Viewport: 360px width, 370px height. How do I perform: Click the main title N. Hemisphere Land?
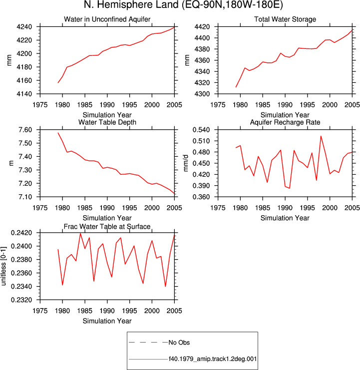pyautogui.click(x=131, y=5)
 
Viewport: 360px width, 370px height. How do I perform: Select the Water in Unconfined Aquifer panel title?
pyautogui.click(x=107, y=19)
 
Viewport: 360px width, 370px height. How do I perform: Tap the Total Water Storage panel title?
pyautogui.click(x=285, y=19)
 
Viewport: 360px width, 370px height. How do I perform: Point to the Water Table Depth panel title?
pyautogui.click(x=107, y=122)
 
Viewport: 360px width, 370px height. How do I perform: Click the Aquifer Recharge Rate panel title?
pyautogui.click(x=285, y=122)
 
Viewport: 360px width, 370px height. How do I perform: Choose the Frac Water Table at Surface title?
pyautogui.click(x=107, y=227)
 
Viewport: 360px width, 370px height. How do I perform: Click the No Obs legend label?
pyautogui.click(x=179, y=343)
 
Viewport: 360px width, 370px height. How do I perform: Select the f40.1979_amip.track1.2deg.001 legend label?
pyautogui.click(x=213, y=359)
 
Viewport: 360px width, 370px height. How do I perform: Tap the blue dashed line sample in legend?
pyautogui.click(x=148, y=343)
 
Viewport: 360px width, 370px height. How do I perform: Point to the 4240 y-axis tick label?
pyautogui.click(x=24, y=27)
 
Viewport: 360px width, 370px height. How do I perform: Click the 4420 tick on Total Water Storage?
pyautogui.click(x=202, y=27)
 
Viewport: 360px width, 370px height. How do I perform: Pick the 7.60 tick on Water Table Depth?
pyautogui.click(x=25, y=130)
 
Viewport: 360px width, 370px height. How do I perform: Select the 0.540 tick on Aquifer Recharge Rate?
pyautogui.click(x=201, y=130)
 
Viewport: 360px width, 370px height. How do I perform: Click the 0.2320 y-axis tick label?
pyautogui.click(x=21, y=300)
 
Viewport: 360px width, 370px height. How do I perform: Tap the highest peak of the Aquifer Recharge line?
pyautogui.click(x=321, y=136)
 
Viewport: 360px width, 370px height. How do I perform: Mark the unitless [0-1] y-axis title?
pyautogui.click(x=3, y=266)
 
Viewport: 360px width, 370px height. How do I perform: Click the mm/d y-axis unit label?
pyautogui.click(x=186, y=163)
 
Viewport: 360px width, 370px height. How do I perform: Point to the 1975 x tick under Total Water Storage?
pyautogui.click(x=218, y=105)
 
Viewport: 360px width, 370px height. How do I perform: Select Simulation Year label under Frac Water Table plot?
pyautogui.click(x=107, y=321)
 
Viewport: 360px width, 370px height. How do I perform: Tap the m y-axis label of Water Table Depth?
pyautogui.click(x=11, y=163)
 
